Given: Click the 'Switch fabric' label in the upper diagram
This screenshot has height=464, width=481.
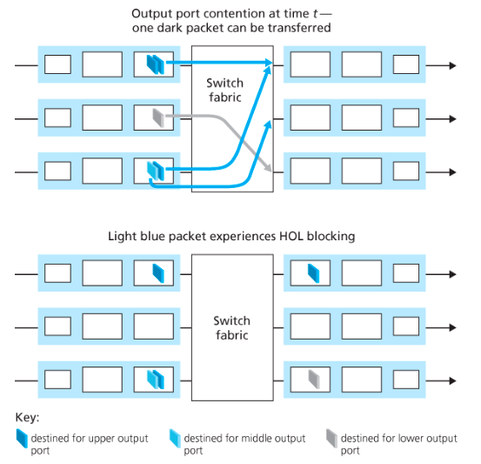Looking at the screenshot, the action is click(x=225, y=90).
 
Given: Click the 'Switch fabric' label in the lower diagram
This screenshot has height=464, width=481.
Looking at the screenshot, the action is click(x=232, y=327).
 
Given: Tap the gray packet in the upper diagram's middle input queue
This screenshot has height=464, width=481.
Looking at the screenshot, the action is click(x=158, y=118).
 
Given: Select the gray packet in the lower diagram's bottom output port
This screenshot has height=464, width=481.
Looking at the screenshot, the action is click(x=314, y=379).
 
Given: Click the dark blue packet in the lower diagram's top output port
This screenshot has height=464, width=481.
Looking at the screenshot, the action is click(x=313, y=273).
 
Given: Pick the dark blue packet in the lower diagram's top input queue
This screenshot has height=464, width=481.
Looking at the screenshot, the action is click(x=158, y=273).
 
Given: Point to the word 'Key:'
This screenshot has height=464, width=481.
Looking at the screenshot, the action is click(x=27, y=418).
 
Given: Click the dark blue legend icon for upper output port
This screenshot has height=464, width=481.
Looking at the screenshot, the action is click(x=22, y=438).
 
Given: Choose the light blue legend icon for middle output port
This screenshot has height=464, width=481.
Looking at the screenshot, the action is click(x=175, y=438).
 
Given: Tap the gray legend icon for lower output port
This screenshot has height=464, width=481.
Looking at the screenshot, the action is click(x=331, y=438).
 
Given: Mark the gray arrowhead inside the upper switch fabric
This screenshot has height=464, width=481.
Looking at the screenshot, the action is click(x=268, y=169).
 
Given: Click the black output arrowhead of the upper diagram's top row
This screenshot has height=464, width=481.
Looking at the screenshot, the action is click(x=453, y=65).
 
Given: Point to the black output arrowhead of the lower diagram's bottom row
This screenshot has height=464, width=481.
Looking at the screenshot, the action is click(x=453, y=380).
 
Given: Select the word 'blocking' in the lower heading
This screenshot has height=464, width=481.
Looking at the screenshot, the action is click(x=331, y=237).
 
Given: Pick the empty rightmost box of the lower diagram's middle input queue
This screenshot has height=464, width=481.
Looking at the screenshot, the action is click(x=154, y=326).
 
